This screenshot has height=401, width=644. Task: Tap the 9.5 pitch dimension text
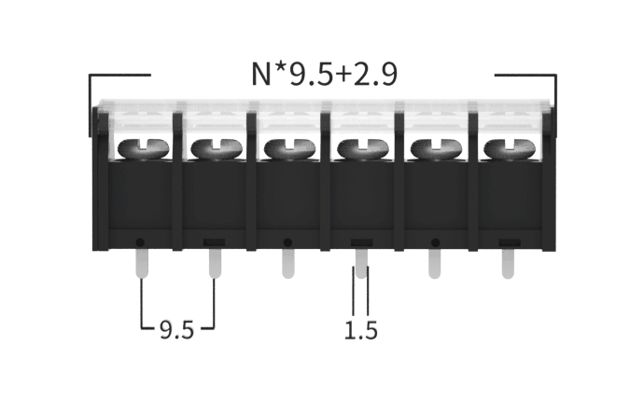[x=176, y=329]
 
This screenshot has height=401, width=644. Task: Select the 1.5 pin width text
[x=360, y=330]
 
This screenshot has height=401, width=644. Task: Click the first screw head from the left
[x=144, y=148]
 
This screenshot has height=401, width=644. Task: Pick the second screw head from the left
[x=217, y=148]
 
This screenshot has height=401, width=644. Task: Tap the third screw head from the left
[x=289, y=148]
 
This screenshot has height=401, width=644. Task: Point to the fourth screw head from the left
[x=363, y=148]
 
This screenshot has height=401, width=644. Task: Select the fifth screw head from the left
[x=436, y=148]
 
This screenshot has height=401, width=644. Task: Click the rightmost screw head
[x=510, y=148]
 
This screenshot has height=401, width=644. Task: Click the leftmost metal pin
[x=142, y=264]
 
